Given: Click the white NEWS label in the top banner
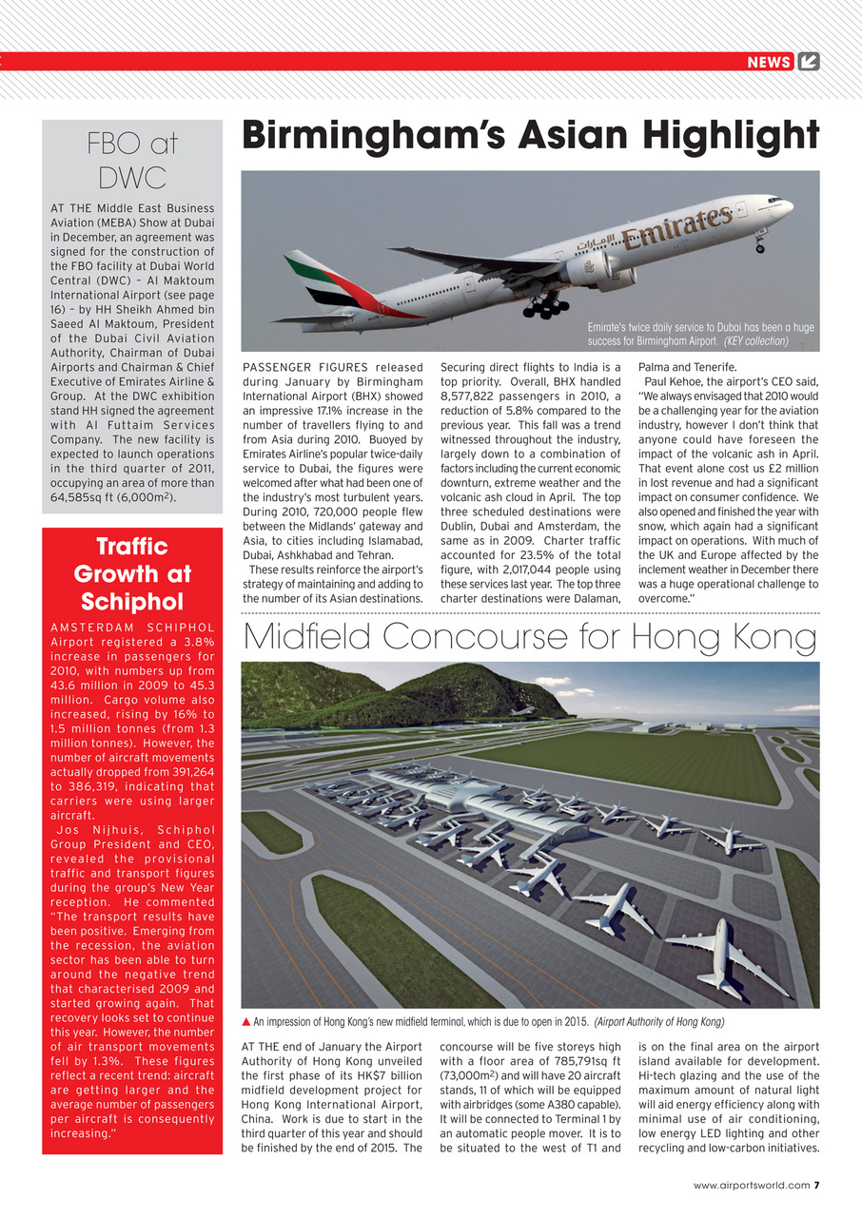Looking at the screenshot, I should click(x=769, y=62).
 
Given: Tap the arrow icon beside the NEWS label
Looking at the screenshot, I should click(x=808, y=62).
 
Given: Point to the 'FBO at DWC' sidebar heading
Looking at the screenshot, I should click(x=132, y=160).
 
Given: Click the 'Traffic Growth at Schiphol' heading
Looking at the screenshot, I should click(x=132, y=573).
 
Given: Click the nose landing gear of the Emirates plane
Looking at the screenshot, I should click(x=759, y=244).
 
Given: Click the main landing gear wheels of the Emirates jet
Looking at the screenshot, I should click(x=546, y=306).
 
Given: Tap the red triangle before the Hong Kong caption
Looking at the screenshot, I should click(x=247, y=1022).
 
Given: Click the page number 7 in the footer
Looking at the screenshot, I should click(x=816, y=1185).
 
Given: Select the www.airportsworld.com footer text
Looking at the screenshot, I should click(x=751, y=1185).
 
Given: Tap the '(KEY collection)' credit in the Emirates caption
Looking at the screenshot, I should click(x=756, y=340).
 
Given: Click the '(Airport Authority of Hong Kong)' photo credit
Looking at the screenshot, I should click(x=659, y=1022).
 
